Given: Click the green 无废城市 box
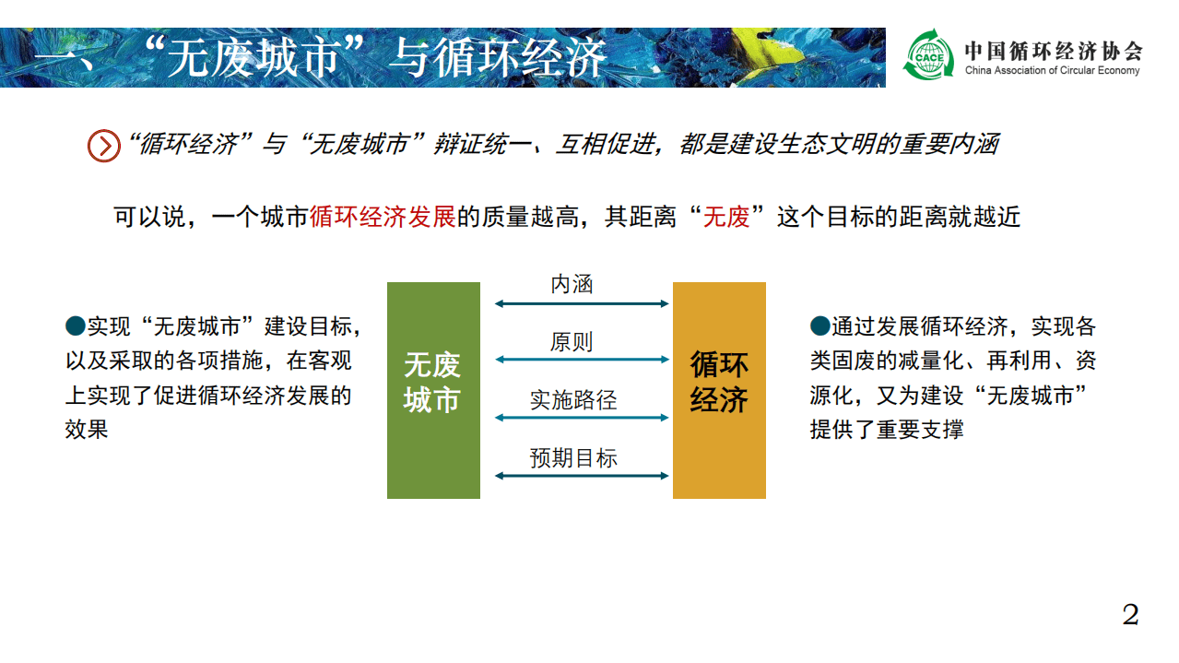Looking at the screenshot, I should click(433, 390).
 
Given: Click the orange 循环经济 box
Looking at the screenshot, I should click(719, 390).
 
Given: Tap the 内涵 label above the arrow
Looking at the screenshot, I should click(572, 285).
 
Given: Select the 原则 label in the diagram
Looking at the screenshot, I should click(572, 343).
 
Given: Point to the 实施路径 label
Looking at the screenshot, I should click(572, 401).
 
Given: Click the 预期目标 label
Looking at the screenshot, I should click(572, 458).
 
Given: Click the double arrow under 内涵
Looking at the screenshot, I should click(581, 302).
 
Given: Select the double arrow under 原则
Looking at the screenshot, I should click(581, 360).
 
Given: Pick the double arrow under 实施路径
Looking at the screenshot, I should click(581, 418).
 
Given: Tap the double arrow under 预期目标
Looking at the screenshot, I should click(581, 476).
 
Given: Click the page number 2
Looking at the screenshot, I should click(1130, 615).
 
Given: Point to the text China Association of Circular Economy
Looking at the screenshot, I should click(1052, 71).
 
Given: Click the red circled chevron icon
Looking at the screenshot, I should click(103, 146).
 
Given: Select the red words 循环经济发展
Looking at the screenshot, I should click(383, 218).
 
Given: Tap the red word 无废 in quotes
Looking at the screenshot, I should click(726, 218).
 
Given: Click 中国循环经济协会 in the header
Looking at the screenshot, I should click(1053, 50).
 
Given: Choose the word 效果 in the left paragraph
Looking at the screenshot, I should click(87, 429).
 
